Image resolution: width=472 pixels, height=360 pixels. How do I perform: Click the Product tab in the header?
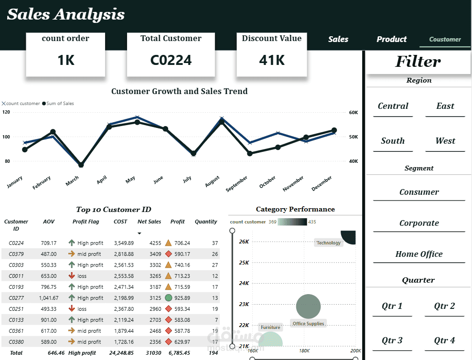pos(391,39)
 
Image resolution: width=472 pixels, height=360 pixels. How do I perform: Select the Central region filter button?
pos(393,106)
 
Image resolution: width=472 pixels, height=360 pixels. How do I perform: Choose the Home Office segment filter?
pos(419,254)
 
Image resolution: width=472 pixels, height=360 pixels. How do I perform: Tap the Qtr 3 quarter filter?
pos(392,340)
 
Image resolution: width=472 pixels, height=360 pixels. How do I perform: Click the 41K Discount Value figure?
pos(272,60)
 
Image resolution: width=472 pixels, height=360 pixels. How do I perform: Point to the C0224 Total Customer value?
pos(171,60)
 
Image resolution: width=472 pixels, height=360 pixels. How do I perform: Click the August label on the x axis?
pos(212,181)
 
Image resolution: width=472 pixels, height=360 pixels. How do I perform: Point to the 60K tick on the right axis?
pos(354,113)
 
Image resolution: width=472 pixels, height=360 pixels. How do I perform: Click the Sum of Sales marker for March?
pos(81,165)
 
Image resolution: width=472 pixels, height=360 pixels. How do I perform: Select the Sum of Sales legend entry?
pos(58,104)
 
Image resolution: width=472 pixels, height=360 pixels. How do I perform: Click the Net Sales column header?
pos(150,222)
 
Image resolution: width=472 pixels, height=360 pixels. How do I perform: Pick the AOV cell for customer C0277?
pos(49,298)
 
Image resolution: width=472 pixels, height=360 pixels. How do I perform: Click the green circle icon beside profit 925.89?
pos(169,298)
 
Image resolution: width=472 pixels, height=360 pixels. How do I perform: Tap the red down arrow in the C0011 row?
pos(72,275)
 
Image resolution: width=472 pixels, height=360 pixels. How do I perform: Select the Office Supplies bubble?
pos(308,307)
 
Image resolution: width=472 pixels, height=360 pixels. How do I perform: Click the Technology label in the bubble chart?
pos(328,243)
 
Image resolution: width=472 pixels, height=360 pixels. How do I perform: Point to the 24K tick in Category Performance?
pos(244,283)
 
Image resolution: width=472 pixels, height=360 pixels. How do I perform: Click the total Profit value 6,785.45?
pos(180,353)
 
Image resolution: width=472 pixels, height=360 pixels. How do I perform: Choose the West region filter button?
pos(445,141)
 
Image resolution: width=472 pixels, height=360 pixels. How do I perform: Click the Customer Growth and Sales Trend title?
pos(180,91)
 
